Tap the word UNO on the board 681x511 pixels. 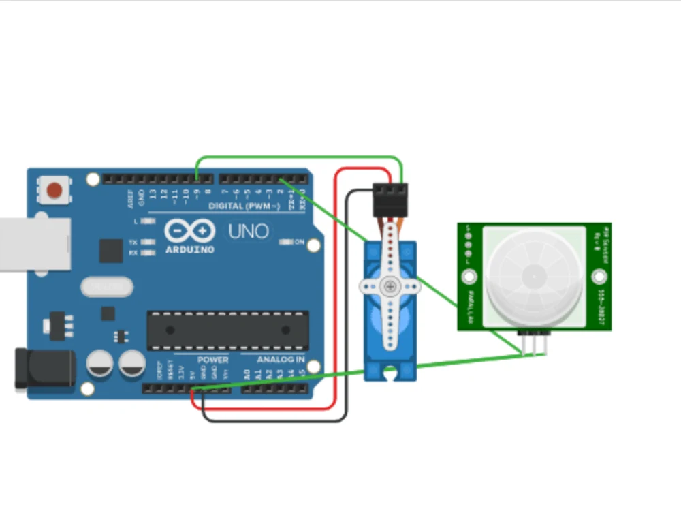[249, 232]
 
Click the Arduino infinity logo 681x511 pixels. [189, 232]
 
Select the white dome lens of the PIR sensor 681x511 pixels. [535, 276]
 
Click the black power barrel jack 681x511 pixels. [44, 368]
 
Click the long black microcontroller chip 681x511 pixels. [227, 330]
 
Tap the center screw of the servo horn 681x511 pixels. [390, 286]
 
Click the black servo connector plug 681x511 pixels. [390, 198]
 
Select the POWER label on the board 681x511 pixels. [212, 360]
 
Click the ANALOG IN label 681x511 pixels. [281, 360]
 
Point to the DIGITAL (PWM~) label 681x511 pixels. [244, 206]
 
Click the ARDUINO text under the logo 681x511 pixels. [189, 249]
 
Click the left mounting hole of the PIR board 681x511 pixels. [469, 277]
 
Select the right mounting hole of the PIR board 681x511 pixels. [599, 277]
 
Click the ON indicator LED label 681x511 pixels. [299, 242]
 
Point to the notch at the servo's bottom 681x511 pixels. [390, 373]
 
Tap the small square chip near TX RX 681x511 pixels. [110, 251]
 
